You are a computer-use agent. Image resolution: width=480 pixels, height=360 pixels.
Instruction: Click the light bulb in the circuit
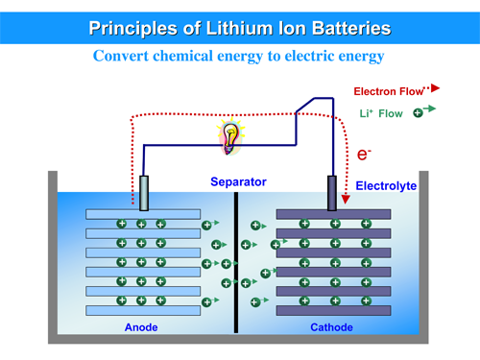(x=230, y=135)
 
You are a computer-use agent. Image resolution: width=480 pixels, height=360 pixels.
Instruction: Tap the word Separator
(x=238, y=182)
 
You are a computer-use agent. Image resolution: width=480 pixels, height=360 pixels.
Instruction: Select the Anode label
(x=141, y=328)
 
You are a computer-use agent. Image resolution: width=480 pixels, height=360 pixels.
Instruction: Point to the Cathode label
(x=331, y=328)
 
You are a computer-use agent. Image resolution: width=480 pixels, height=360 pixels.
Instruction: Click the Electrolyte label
(x=386, y=185)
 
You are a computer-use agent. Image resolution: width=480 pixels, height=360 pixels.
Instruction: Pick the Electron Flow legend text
(x=388, y=92)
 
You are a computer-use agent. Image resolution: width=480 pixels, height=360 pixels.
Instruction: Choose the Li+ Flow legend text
(x=381, y=113)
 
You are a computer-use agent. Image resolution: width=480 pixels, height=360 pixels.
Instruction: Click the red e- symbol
(x=364, y=154)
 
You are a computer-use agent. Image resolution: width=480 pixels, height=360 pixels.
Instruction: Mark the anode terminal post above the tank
(x=143, y=192)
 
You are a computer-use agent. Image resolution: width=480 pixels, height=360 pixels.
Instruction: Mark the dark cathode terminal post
(x=332, y=192)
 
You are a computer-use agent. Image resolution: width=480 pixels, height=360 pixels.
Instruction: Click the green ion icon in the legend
(x=418, y=113)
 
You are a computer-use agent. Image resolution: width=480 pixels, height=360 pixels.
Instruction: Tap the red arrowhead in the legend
(x=435, y=89)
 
